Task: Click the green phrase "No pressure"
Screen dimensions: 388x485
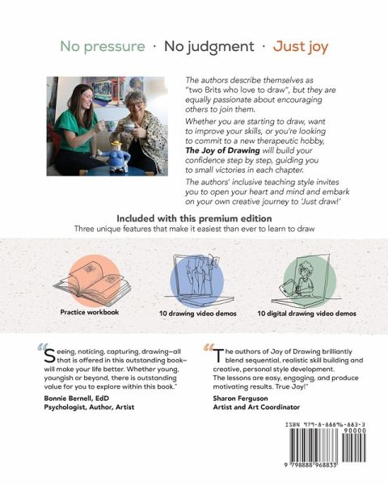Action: tap(103, 47)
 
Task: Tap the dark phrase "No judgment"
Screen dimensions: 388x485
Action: tap(209, 47)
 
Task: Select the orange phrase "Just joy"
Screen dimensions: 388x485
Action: tap(301, 47)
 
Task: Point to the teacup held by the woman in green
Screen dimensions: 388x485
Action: tap(109, 125)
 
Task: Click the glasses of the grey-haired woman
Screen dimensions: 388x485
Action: tap(135, 104)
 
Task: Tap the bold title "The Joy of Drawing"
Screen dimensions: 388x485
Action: tap(222, 150)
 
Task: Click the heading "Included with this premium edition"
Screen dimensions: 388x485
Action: tap(194, 218)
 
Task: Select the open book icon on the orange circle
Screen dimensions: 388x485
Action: tap(92, 282)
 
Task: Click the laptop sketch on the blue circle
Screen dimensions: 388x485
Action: tap(198, 278)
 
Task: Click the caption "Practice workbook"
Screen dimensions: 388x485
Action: tap(90, 312)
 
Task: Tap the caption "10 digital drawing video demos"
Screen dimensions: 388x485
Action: tap(306, 314)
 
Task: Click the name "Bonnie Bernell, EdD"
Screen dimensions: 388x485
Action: tap(77, 398)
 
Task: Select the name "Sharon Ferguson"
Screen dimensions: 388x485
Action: tap(240, 398)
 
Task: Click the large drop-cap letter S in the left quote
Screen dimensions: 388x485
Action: tap(50, 356)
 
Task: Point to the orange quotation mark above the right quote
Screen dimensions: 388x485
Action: tap(209, 348)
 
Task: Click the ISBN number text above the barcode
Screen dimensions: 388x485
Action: tap(325, 425)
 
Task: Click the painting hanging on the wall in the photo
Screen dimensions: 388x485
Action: tap(112, 91)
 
